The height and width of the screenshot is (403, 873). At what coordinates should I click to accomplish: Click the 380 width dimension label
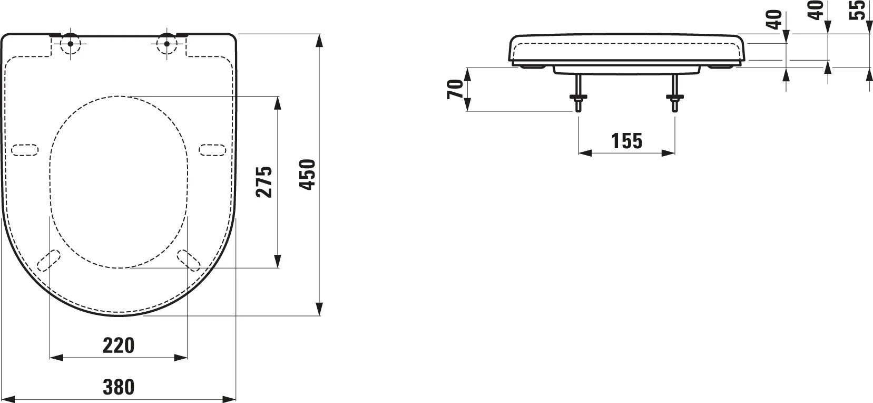click(119, 387)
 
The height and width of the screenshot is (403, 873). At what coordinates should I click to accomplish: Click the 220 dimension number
click(119, 346)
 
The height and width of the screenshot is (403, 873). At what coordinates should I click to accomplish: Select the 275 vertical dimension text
click(264, 182)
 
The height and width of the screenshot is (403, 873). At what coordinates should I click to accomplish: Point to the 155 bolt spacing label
click(627, 141)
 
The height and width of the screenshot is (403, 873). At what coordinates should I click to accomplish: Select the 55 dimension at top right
click(859, 9)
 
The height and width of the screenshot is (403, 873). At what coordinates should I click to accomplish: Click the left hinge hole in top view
click(70, 43)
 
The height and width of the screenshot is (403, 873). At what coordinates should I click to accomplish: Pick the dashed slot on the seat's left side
click(25, 150)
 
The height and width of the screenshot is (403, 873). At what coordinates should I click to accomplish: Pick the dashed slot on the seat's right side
click(213, 150)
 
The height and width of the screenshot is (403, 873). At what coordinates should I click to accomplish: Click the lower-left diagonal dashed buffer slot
click(50, 260)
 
